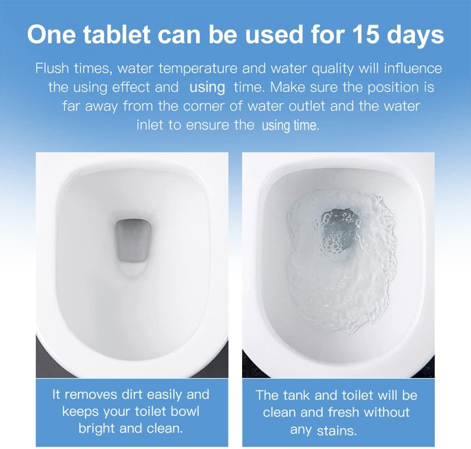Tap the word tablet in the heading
117,35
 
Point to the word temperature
198,69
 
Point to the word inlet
149,125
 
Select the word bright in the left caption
97,428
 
